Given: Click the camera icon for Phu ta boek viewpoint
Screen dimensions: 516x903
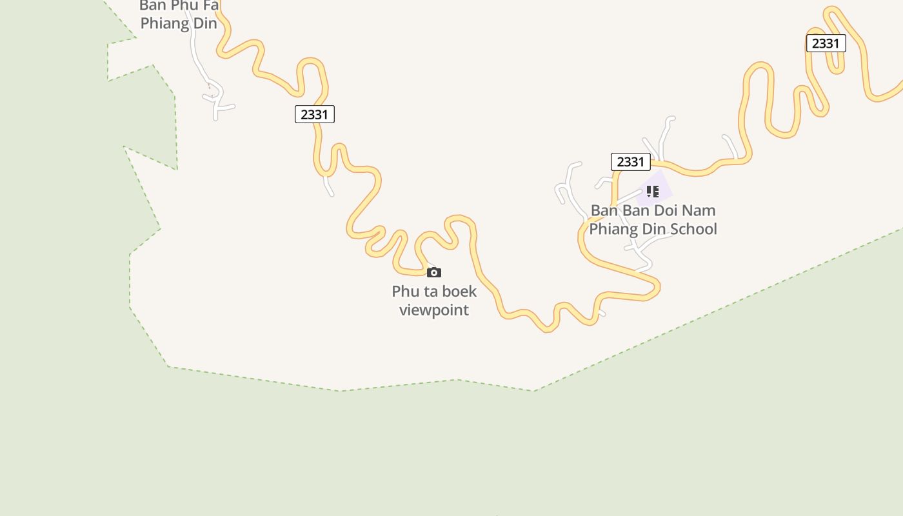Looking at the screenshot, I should [434, 272].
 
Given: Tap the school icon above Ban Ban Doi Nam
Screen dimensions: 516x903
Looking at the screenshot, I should [652, 192].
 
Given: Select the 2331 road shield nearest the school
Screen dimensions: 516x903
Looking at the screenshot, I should [630, 162].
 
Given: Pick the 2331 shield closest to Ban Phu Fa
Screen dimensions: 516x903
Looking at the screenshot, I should [315, 115].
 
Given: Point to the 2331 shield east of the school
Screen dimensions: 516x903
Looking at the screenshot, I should [826, 43].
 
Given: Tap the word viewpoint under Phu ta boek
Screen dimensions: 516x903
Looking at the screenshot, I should [434, 310].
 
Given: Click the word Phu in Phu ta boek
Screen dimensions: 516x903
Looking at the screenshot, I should [404, 292].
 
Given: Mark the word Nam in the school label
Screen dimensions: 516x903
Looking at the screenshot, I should [700, 210].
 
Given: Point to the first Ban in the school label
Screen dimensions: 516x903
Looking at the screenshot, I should [604, 210].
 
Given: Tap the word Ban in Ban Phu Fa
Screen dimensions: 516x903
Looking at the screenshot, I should [153, 6].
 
